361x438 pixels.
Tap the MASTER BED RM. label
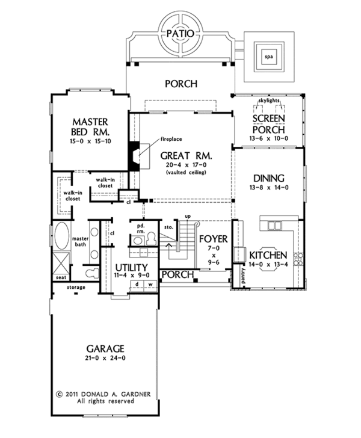pos(90,126)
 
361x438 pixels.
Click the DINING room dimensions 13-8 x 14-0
pos(270,187)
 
